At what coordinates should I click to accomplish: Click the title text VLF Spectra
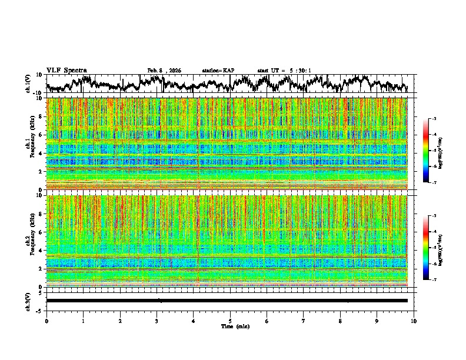pos(66,71)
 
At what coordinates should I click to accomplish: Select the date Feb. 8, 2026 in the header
pos(164,71)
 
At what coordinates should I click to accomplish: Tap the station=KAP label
pos(218,71)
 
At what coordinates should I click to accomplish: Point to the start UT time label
pos(284,71)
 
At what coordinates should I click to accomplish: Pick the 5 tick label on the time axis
pos(230,321)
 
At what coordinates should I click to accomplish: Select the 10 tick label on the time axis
pos(414,321)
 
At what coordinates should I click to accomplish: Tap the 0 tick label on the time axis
pos(46,321)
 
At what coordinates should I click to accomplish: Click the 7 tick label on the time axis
pos(304,321)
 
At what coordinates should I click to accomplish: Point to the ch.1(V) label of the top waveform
pos(28,84)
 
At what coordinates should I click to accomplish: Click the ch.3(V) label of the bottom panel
pos(28,300)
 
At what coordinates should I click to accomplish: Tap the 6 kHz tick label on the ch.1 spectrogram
pos(40,135)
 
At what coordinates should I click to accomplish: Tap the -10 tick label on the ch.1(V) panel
pos(36,93)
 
